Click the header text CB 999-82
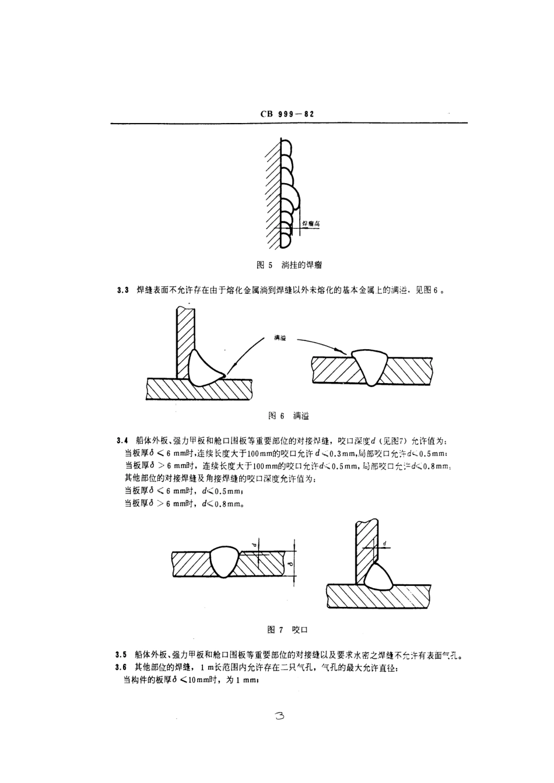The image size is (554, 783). tap(287, 114)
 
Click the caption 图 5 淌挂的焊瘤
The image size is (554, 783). tap(290, 265)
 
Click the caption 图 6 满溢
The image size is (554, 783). tap(288, 416)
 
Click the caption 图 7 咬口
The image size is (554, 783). tap(287, 630)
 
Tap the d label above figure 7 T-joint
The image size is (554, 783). tap(385, 543)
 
